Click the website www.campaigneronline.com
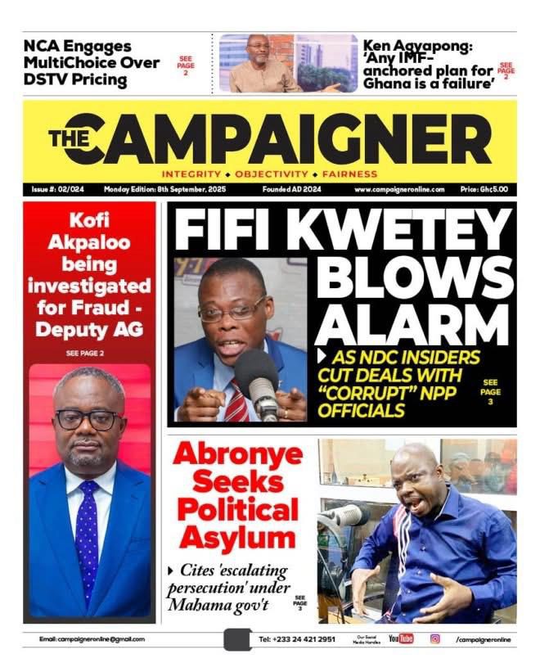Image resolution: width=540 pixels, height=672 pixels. click(x=399, y=189)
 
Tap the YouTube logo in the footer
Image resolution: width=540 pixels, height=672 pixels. click(x=401, y=639)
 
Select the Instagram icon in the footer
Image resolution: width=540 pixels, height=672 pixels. click(x=435, y=639)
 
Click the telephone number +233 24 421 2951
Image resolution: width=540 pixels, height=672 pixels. click(x=297, y=639)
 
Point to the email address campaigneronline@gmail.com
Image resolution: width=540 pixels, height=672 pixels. click(x=92, y=639)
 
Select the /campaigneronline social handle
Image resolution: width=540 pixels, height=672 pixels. click(x=483, y=639)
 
